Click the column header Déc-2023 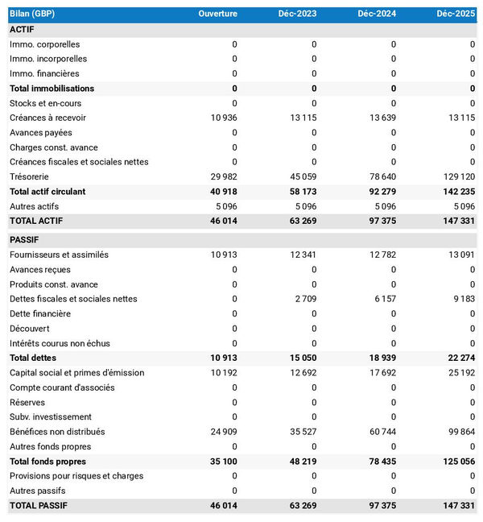coord(297,14)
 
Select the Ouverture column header coord(217,14)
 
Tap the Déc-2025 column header coord(456,14)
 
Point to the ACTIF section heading coord(22,29)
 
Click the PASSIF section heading coord(24,240)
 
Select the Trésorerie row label coord(29,176)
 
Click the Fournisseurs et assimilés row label coord(59,255)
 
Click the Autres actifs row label coord(34,206)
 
